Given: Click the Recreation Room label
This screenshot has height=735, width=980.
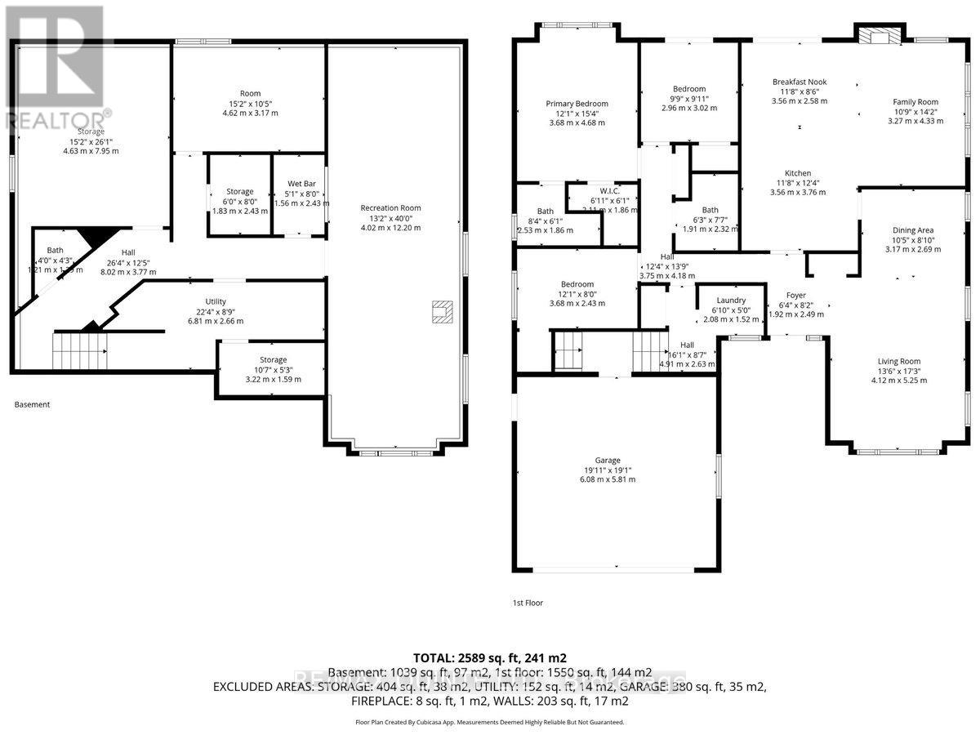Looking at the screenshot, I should click(391, 208).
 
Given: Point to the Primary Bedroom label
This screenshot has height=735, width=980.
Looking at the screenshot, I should click(577, 104).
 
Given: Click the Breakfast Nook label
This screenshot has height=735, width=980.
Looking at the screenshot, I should click(800, 82).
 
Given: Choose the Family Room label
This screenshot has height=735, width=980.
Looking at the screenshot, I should click(915, 102).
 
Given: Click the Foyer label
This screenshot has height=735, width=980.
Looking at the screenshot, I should click(796, 295).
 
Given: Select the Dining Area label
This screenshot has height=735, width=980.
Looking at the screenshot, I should click(913, 230).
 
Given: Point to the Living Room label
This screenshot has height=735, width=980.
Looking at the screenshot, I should click(899, 362).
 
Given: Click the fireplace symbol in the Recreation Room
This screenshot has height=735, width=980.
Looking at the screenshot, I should click(442, 312).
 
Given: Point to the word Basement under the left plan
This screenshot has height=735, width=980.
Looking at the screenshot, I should click(33, 404).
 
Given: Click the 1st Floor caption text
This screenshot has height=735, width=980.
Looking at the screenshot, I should click(527, 603).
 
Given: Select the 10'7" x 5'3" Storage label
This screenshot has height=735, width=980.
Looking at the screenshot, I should click(273, 359).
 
